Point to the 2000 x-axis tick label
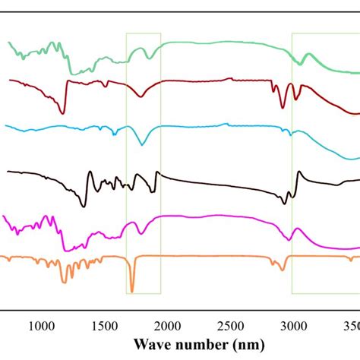pos(168,326)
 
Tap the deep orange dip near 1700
pos(131,290)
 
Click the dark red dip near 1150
pos(62,113)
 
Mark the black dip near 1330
pos(84,206)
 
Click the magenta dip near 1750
pos(137,233)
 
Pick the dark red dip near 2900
pos(283,108)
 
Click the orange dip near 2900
pos(282,270)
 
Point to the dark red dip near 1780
pos(141,96)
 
